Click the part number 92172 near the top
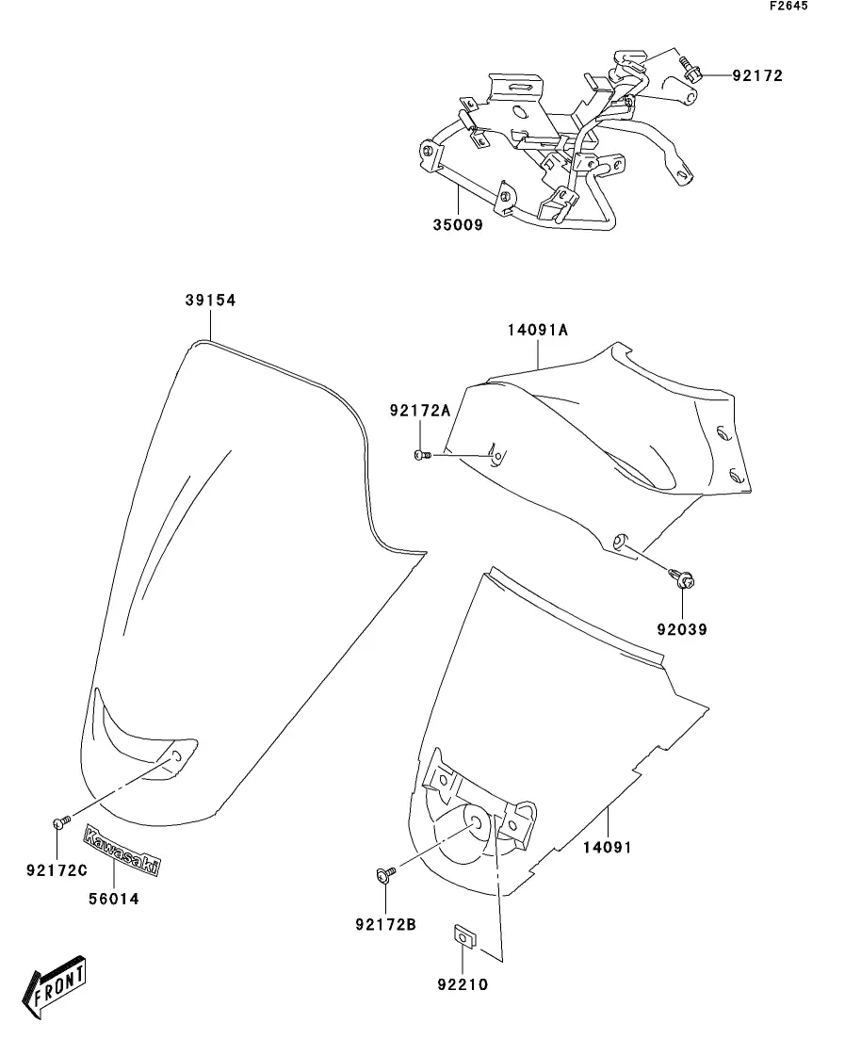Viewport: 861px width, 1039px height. point(756,75)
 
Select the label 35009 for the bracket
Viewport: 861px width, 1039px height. point(458,226)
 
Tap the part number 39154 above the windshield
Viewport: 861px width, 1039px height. point(209,300)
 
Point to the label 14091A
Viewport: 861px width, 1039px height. point(538,331)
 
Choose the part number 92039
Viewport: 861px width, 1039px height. point(683,628)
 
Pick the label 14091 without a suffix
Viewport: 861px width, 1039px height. point(607,847)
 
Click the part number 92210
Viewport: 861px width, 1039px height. point(463,985)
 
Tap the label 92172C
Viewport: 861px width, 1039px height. point(57,868)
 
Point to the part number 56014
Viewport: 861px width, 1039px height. point(113,899)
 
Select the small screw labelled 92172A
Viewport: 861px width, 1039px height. point(422,456)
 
